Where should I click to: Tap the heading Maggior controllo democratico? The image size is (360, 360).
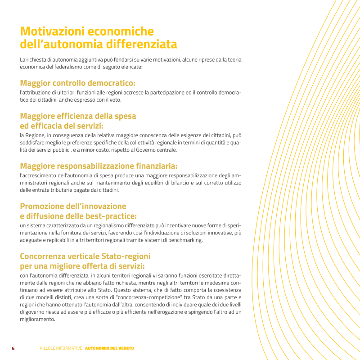coord(77,83)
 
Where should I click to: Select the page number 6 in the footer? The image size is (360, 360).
coord(13,348)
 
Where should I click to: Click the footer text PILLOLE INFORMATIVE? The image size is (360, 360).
coord(61,348)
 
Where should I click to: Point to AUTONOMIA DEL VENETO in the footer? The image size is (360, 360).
coord(109,348)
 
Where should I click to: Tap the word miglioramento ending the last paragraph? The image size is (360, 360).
coord(37,319)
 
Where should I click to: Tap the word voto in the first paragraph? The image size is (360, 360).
coord(115,99)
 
